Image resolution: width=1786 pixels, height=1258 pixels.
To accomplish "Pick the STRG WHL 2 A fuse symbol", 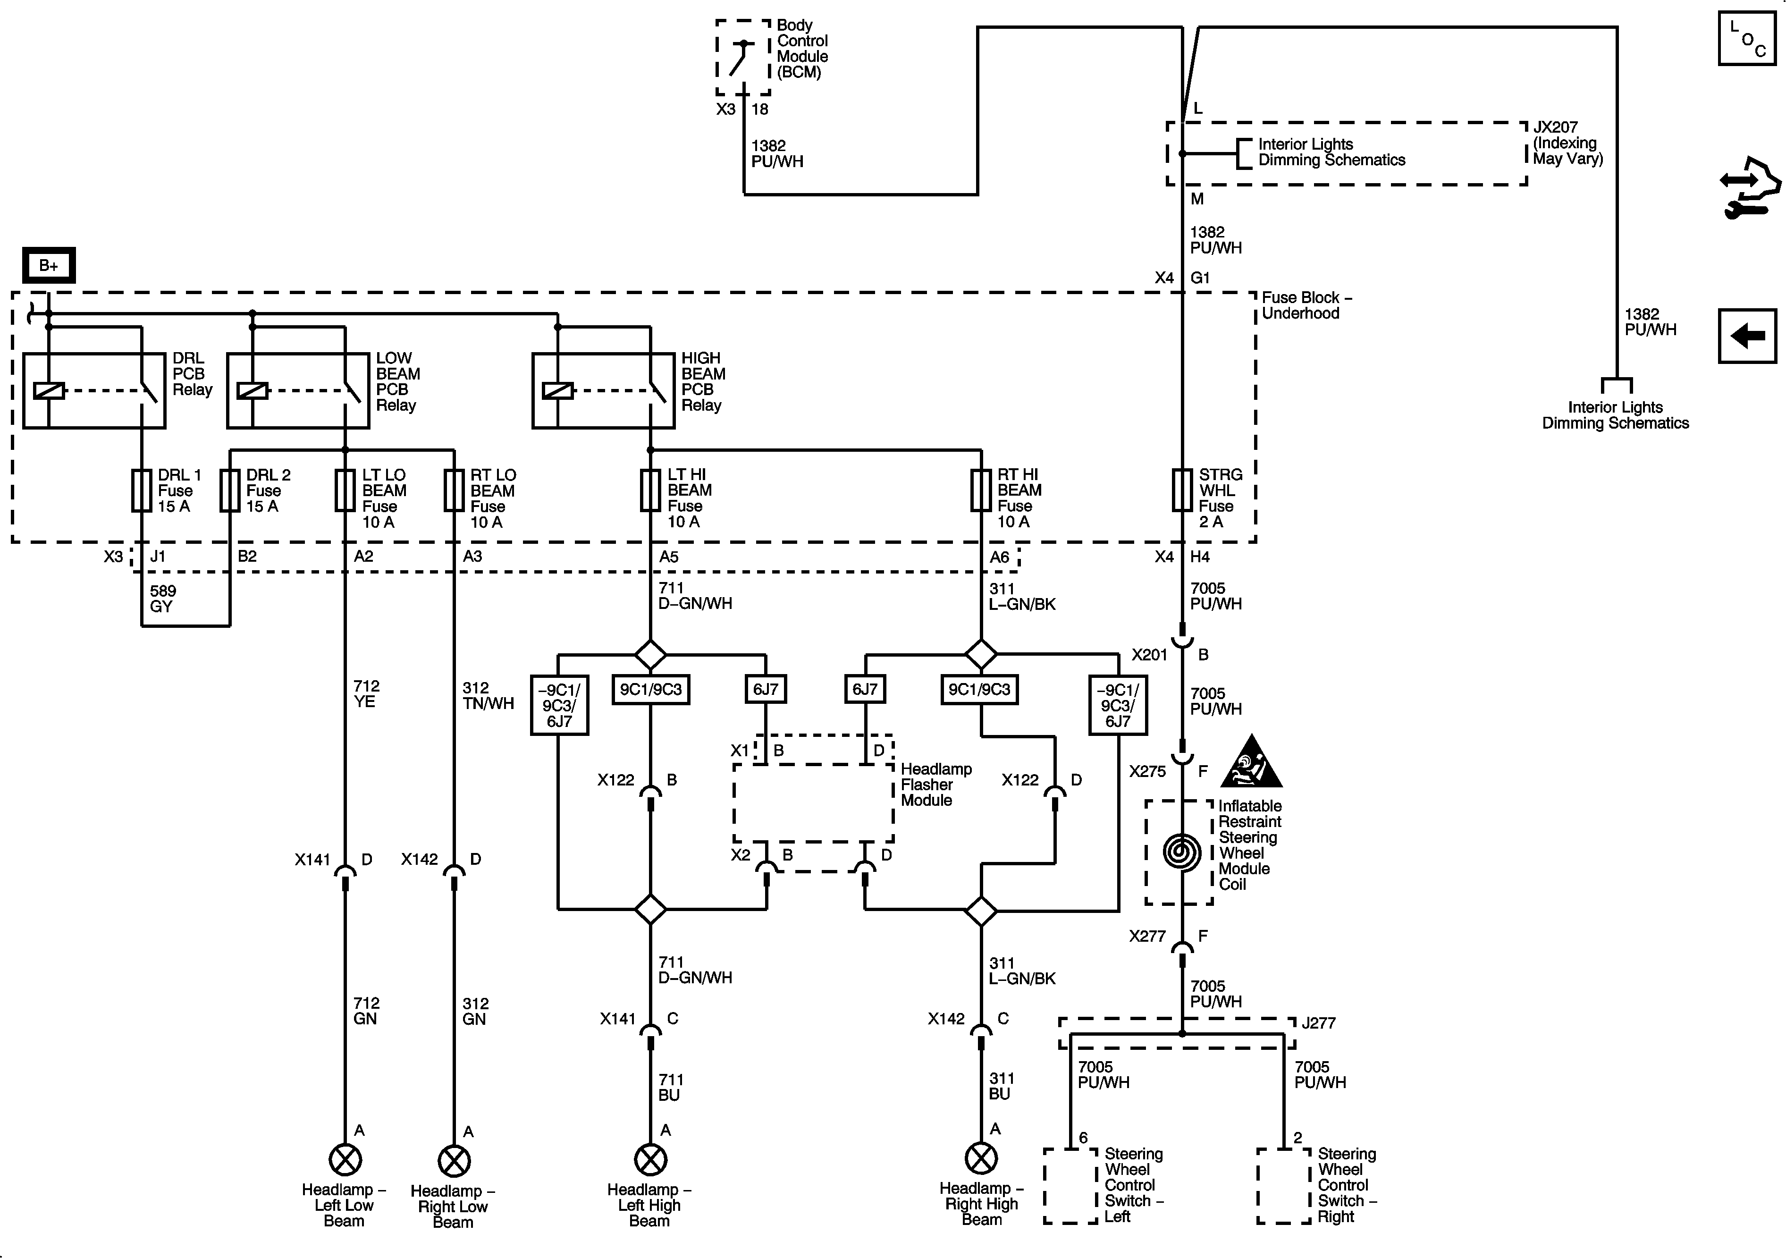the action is pyautogui.click(x=1182, y=490).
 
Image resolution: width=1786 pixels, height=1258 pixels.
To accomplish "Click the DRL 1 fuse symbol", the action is pyautogui.click(x=142, y=490).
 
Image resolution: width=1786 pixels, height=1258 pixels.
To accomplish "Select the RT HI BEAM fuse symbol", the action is pyautogui.click(x=981, y=490).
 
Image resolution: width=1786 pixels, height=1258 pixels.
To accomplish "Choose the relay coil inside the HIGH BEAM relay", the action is pyautogui.click(x=558, y=390).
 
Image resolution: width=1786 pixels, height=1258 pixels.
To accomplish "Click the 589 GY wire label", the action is pyautogui.click(x=162, y=599).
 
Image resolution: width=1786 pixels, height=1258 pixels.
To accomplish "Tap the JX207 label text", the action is pyautogui.click(x=1556, y=127).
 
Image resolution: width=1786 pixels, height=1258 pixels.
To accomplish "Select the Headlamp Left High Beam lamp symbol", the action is pyautogui.click(x=650, y=1160).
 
